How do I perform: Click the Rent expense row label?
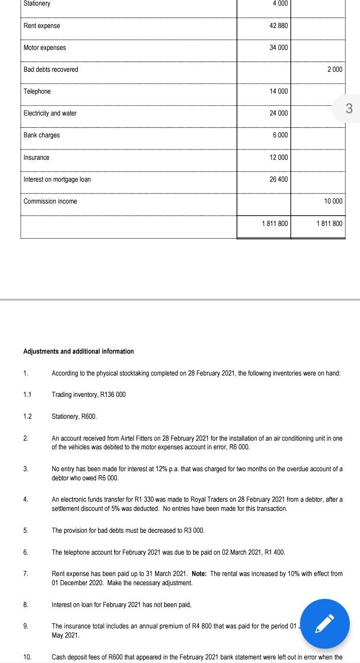coord(42,26)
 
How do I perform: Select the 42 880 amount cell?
coord(279,26)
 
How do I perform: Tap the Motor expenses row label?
coord(45,48)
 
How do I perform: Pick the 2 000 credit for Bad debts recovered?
coord(334,70)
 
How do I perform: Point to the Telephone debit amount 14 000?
coord(279,92)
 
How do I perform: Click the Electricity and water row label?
coord(50,113)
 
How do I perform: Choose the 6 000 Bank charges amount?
coord(280,135)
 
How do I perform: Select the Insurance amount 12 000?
coord(279,158)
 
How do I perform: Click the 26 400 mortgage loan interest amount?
coord(279,180)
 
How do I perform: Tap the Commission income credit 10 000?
coord(333,201)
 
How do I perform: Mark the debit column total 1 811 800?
coord(275,224)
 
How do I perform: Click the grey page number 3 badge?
coord(348,108)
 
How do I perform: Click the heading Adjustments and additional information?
coord(79,352)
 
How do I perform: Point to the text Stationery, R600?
coord(74,417)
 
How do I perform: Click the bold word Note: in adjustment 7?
coord(199,574)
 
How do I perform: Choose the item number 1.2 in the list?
coord(27,417)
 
